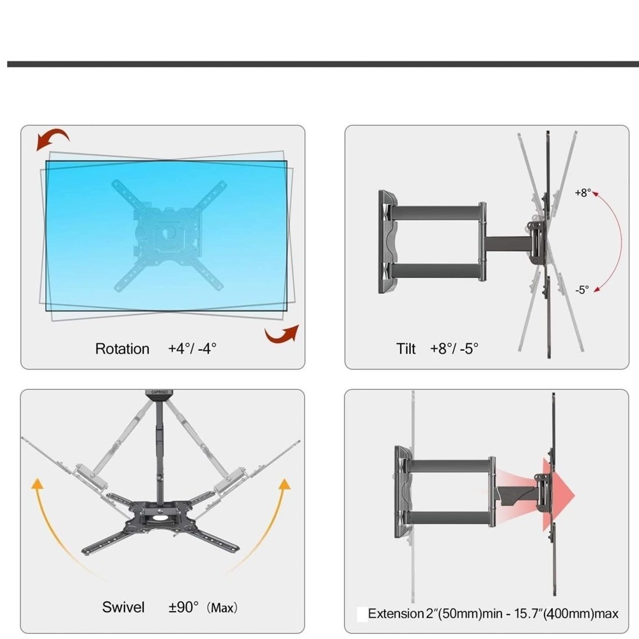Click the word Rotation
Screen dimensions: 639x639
click(122, 349)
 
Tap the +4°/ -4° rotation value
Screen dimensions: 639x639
click(192, 348)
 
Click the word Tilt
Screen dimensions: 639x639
click(406, 349)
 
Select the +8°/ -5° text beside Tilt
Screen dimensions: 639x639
click(454, 348)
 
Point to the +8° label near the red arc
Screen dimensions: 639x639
click(583, 193)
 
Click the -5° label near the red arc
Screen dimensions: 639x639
click(582, 289)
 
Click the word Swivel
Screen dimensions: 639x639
click(123, 607)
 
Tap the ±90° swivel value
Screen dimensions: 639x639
click(183, 607)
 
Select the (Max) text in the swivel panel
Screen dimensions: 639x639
click(222, 608)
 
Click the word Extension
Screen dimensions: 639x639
click(396, 613)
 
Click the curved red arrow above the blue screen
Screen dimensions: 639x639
click(52, 138)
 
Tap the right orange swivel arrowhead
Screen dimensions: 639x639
click(284, 484)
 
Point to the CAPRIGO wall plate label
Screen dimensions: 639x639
click(159, 392)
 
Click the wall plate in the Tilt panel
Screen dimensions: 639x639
click(388, 242)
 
